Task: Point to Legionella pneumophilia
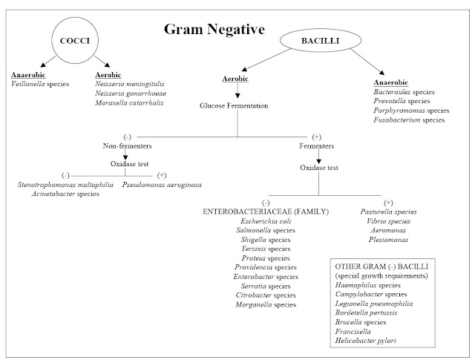[x=374, y=304]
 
